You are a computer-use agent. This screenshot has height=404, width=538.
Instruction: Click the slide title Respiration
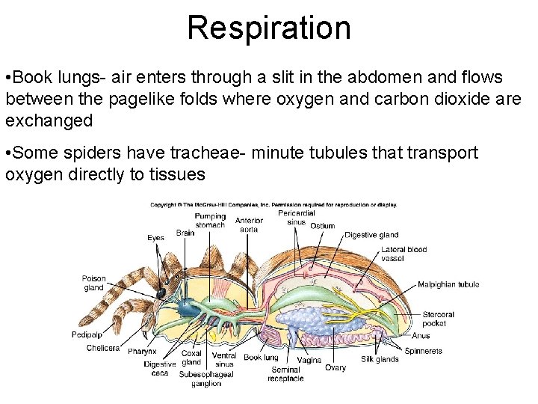pyautogui.click(x=268, y=28)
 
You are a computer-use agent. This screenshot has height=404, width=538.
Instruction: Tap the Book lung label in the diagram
pyautogui.click(x=261, y=358)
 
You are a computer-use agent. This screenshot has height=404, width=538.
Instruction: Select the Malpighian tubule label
pyautogui.click(x=448, y=284)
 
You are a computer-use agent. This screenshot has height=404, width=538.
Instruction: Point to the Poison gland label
pyautogui.click(x=93, y=283)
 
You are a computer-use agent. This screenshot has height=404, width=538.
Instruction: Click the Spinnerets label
pyautogui.click(x=424, y=351)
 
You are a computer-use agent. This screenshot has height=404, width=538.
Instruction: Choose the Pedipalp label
pyautogui.click(x=87, y=334)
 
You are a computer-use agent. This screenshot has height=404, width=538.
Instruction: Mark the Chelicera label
pyautogui.click(x=102, y=348)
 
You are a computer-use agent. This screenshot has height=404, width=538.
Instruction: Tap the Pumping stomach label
pyautogui.click(x=210, y=221)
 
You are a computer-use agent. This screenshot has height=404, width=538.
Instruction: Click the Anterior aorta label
pyautogui.click(x=249, y=224)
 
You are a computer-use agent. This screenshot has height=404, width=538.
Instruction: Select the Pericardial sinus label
pyautogui.click(x=297, y=218)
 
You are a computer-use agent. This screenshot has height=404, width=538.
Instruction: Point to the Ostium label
pyautogui.click(x=322, y=226)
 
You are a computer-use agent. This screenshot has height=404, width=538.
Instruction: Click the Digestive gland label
pyautogui.click(x=371, y=235)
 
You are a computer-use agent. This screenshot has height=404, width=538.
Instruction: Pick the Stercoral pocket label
pyautogui.click(x=434, y=319)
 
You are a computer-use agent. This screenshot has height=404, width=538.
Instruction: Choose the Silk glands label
pyautogui.click(x=380, y=360)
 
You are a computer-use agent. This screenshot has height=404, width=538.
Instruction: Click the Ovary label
pyautogui.click(x=336, y=367)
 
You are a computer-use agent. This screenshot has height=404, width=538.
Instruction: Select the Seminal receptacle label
pyautogui.click(x=286, y=374)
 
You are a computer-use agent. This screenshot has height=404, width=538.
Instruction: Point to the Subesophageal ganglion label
pyautogui.click(x=206, y=379)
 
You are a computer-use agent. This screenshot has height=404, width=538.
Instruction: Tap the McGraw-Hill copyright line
pyautogui.click(x=273, y=204)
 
